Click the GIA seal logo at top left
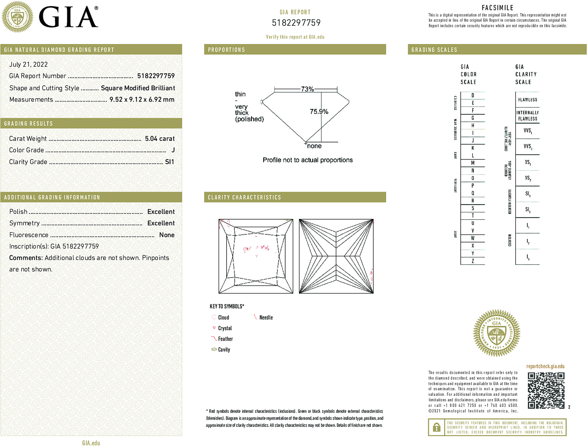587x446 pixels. click(x=18, y=17)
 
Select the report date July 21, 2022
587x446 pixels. click(x=29, y=65)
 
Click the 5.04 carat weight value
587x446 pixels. click(x=160, y=139)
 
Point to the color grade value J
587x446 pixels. click(x=173, y=150)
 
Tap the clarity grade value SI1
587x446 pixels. click(x=170, y=162)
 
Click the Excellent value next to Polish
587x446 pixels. click(x=161, y=212)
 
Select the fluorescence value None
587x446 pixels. click(x=167, y=235)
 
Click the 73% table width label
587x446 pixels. click(x=307, y=89)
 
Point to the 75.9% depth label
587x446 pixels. click(x=319, y=112)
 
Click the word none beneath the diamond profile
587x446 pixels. click(x=314, y=146)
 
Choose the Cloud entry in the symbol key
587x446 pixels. click(x=223, y=317)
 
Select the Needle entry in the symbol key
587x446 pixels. click(x=266, y=317)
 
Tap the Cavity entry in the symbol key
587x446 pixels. click(x=224, y=350)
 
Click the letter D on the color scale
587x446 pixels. click(x=473, y=95)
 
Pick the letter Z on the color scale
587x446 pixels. click(x=473, y=261)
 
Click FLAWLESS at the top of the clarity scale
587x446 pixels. click(x=527, y=100)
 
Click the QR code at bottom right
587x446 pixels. click(x=546, y=390)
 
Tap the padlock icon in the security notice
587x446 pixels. click(x=436, y=427)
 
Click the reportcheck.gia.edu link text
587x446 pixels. click(x=545, y=366)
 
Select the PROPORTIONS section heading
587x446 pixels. click(x=227, y=50)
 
